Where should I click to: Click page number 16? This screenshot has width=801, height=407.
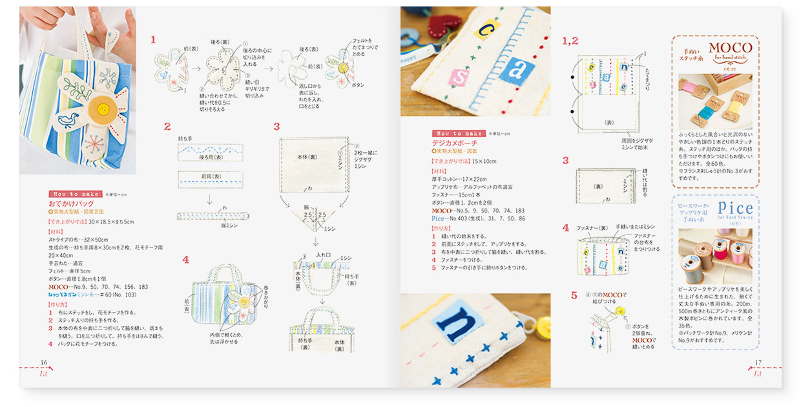[x=44, y=362]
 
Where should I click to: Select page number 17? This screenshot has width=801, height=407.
[x=758, y=362]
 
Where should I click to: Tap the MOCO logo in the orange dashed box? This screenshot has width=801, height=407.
[x=730, y=48]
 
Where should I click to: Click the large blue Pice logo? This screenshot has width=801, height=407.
[x=735, y=208]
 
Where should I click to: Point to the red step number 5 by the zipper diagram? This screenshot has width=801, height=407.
[x=574, y=296]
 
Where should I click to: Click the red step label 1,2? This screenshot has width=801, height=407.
[x=570, y=41]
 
